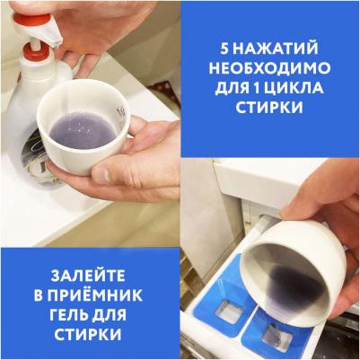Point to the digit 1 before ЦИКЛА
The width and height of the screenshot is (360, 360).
click(x=269, y=92)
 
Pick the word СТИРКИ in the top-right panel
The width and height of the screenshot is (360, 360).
click(x=270, y=114)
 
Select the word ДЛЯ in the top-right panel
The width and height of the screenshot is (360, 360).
click(x=233, y=92)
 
